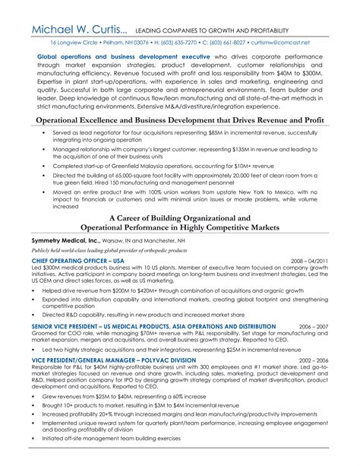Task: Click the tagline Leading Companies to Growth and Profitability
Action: pyautogui.click(x=228, y=30)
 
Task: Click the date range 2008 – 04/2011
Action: pyautogui.click(x=311, y=259)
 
